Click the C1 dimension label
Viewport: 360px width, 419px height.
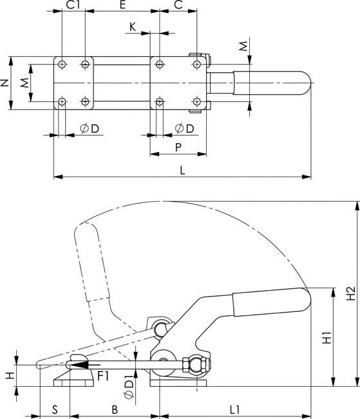73,5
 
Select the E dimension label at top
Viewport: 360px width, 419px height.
122,5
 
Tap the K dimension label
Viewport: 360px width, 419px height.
133,27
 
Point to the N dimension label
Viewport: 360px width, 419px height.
5,83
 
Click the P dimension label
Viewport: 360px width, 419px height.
178,147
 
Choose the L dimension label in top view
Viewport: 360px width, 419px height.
182,170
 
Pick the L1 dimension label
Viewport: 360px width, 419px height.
235,409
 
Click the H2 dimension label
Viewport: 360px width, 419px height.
351,293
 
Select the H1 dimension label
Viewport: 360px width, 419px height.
327,338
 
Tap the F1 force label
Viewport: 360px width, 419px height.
103,376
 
